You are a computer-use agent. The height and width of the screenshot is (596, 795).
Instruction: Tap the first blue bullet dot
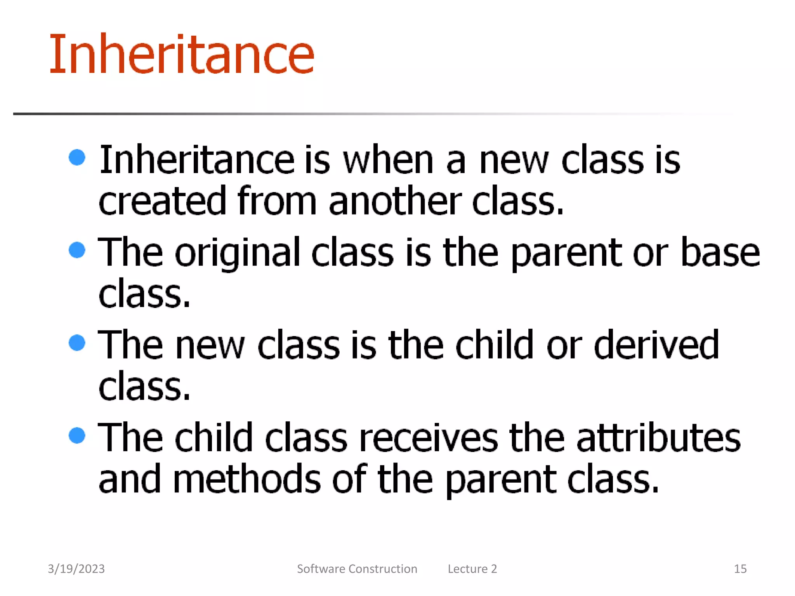[x=77, y=157]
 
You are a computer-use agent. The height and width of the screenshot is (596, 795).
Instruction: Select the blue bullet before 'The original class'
[x=77, y=250]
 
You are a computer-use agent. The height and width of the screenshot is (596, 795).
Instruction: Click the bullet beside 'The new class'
[x=77, y=343]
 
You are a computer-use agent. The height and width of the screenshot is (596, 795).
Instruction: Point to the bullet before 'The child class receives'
[x=77, y=435]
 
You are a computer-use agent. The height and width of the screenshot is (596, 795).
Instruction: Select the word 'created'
[x=162, y=201]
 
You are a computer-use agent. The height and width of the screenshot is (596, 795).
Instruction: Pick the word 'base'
[x=720, y=253]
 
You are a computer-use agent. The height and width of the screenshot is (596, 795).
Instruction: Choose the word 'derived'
[x=656, y=345]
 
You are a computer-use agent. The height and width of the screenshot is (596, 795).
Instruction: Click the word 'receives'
[x=429, y=438]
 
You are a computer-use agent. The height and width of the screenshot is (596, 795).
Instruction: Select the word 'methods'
[x=246, y=479]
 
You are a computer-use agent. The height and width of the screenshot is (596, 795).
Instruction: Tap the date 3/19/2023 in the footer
[x=76, y=569]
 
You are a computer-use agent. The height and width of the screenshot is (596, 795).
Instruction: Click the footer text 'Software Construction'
[x=357, y=569]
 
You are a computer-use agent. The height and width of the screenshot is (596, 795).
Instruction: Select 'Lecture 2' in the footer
[x=472, y=569]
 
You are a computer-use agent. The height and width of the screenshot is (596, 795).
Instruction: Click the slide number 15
[x=740, y=569]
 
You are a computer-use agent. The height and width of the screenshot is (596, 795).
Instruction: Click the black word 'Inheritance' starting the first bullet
[x=197, y=160]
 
